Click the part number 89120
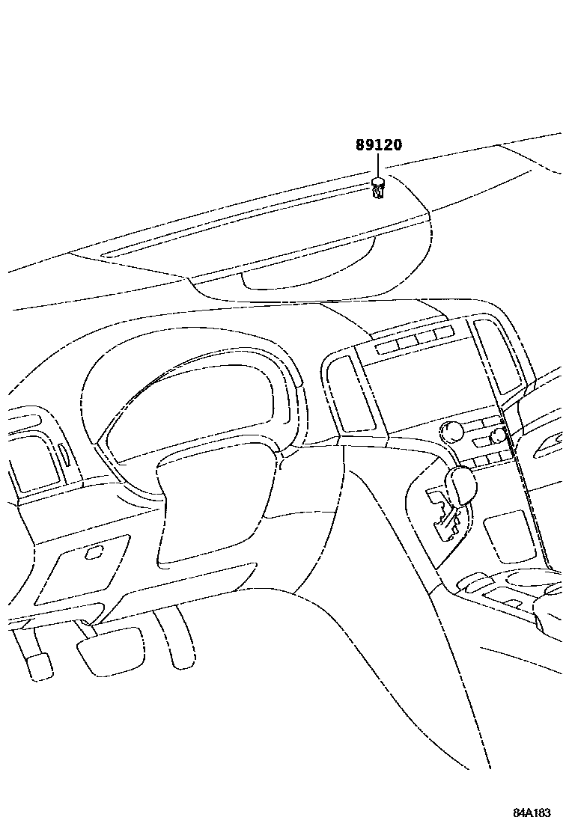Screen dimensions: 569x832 click(x=378, y=144)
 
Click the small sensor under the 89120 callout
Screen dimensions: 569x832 click(x=379, y=188)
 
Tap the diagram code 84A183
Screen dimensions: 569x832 click(x=532, y=813)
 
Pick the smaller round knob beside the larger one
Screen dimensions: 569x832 click(x=498, y=436)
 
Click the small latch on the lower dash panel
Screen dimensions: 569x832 click(x=94, y=553)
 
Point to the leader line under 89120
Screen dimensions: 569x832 click(x=378, y=165)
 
